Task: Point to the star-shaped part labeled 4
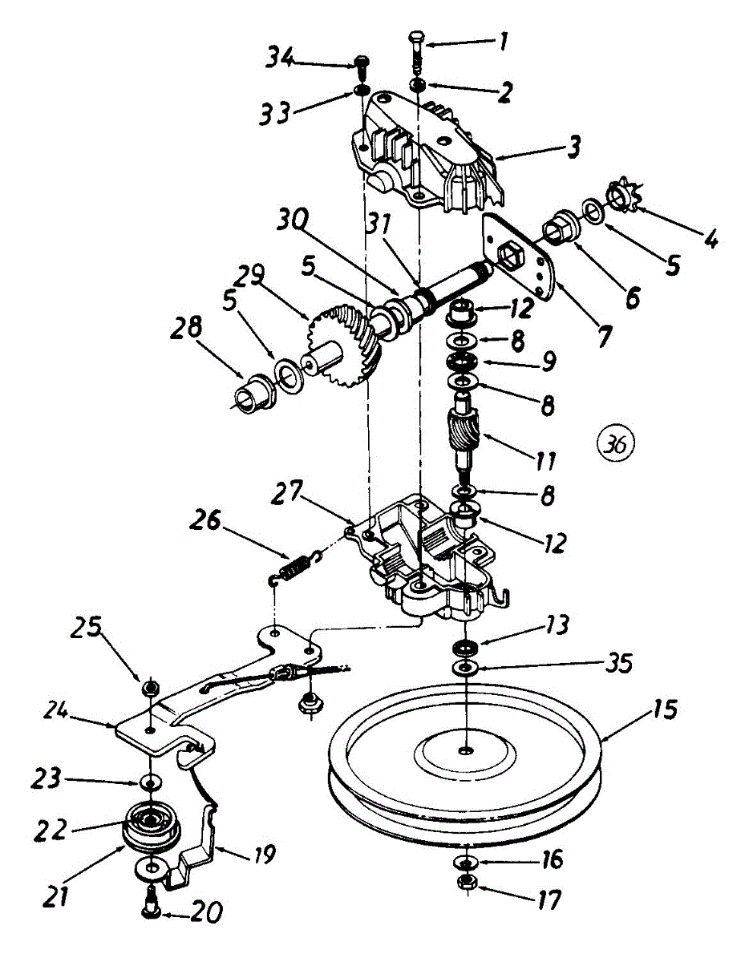[620, 196]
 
